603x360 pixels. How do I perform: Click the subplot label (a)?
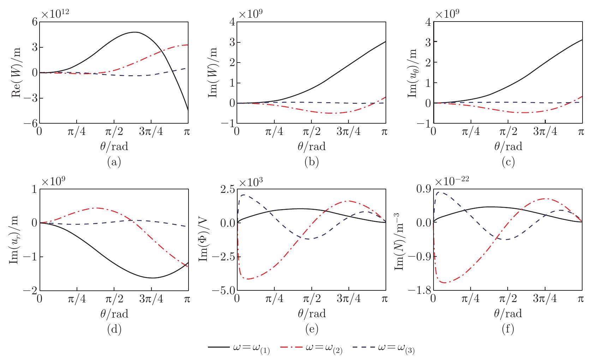coord(114,162)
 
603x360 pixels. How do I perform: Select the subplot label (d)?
coord(114,329)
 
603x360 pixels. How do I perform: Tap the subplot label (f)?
coord(507,329)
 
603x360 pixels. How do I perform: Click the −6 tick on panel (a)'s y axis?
coord(30,124)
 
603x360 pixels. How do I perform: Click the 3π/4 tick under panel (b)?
coord(348,132)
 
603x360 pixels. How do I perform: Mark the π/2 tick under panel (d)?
coord(114,299)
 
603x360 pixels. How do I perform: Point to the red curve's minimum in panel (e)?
coord(248,279)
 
